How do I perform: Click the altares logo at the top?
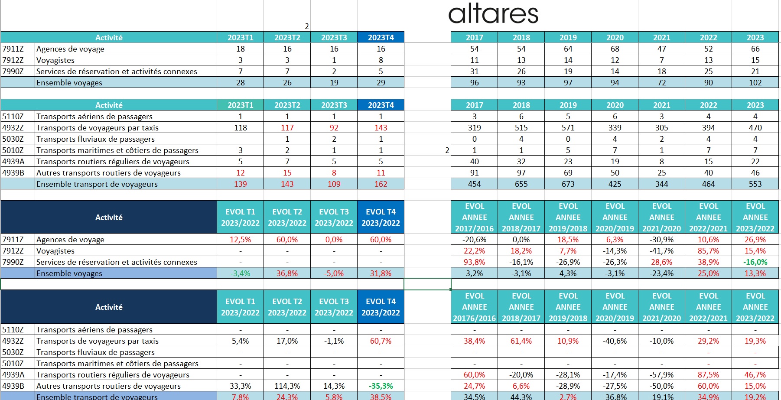pos(493,14)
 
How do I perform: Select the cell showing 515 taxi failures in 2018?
pos(521,128)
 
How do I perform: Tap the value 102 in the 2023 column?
pos(755,83)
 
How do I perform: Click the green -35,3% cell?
pos(381,386)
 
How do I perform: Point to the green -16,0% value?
pos(755,262)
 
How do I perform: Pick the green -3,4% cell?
pos(240,273)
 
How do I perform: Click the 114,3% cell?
pos(287,386)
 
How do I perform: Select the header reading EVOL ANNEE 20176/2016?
pos(474,307)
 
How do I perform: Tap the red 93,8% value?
pos(474,262)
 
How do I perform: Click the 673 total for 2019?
pos(568,184)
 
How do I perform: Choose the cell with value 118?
pos(240,128)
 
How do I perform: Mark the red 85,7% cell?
pos(708,251)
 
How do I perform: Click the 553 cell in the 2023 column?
pos(755,184)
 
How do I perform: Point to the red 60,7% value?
pos(381,341)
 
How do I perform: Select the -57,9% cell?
pos(661,375)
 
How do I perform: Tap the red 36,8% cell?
pos(287,273)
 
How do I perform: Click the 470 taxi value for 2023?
pos(755,128)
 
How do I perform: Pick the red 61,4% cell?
pos(521,341)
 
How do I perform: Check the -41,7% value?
pos(661,251)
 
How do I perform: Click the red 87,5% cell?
pos(708,375)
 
